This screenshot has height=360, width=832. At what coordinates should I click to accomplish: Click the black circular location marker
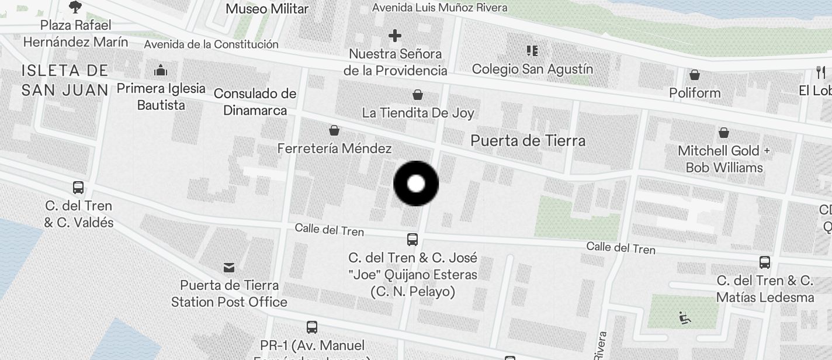pos(416,184)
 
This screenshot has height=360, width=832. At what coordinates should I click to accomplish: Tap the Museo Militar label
pos(267,9)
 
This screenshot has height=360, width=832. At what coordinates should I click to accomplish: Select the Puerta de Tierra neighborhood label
pos(528,140)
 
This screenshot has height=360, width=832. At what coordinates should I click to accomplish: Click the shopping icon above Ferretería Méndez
pos(334,130)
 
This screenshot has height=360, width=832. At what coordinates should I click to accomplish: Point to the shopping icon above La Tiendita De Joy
pos(418,95)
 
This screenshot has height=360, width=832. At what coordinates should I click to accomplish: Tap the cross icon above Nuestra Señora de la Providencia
pos(395,36)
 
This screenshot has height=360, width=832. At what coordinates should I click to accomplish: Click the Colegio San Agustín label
pos(532,69)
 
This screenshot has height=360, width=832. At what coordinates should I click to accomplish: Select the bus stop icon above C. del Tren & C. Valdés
pos(78,188)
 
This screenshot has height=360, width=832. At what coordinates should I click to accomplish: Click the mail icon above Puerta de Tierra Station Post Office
pos(229,268)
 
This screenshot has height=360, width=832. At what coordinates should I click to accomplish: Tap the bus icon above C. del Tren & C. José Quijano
pos(412,239)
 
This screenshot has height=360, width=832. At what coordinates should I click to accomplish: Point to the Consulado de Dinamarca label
pos(255,102)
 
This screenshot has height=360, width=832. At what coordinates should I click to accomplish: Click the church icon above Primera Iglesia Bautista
pos(161,71)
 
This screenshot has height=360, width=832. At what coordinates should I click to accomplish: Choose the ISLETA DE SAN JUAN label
pos(65,80)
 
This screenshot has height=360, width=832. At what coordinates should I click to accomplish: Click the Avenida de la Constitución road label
pos(211,44)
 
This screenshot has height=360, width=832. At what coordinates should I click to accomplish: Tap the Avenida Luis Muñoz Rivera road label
pos(439,8)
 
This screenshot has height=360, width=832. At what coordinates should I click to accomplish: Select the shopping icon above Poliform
pos(695,75)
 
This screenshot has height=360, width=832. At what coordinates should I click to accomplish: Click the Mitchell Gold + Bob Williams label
pos(724,159)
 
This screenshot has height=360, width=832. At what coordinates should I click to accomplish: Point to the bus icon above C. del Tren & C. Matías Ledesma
pos(765,262)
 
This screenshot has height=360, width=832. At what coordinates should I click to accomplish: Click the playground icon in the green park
pos(685,319)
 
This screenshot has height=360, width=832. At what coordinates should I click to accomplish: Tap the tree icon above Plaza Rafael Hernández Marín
pos(75,7)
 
